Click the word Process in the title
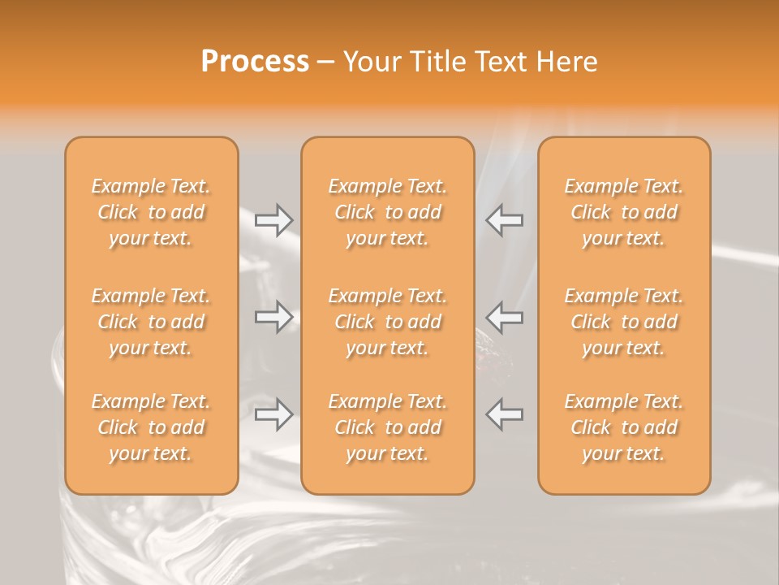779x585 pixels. click(255, 62)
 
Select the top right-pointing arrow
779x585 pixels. click(273, 219)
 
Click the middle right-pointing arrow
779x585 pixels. click(273, 317)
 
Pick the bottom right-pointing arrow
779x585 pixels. click(273, 414)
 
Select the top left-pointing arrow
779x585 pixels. click(505, 219)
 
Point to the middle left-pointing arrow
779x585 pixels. click(505, 317)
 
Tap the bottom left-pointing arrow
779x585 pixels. click(505, 414)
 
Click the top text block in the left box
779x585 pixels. click(151, 212)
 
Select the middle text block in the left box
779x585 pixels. click(151, 322)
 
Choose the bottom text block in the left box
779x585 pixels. click(151, 427)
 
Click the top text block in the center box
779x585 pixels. click(388, 212)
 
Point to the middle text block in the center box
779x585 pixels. click(388, 322)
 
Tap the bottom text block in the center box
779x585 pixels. click(388, 427)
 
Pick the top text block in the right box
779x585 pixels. click(624, 212)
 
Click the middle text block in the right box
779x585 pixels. click(624, 322)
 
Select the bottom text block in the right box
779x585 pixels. click(624, 427)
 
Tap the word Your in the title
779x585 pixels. click(369, 62)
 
